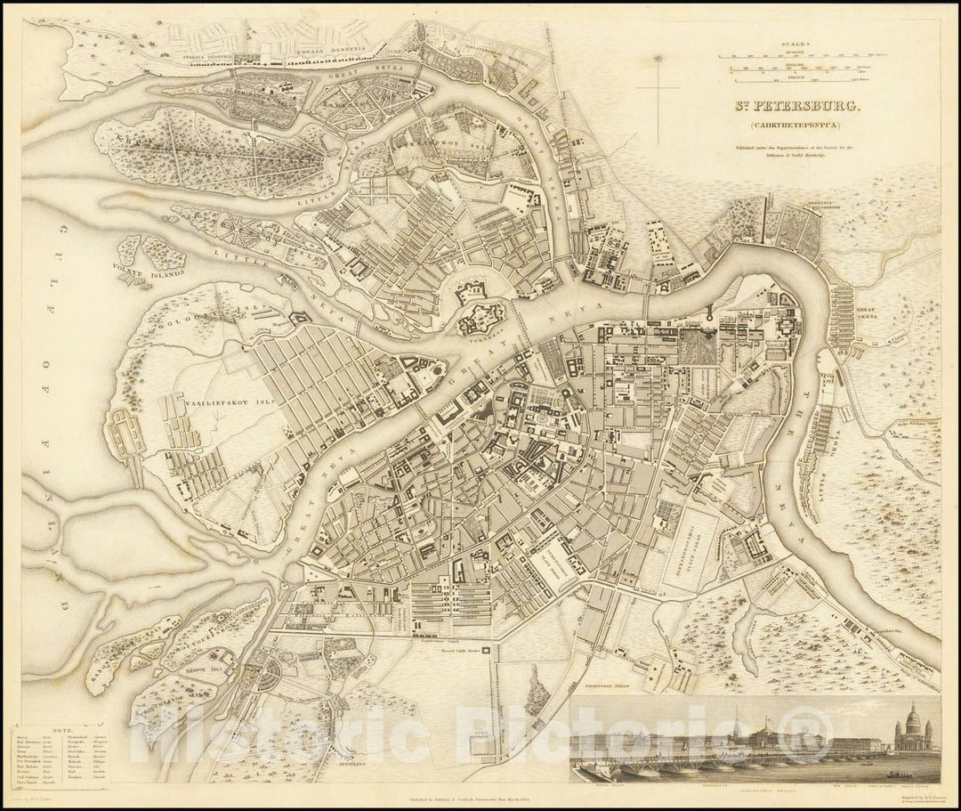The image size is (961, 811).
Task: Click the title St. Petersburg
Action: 785,106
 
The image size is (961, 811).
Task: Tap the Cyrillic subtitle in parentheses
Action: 784,126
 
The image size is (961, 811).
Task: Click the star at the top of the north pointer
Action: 658,59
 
